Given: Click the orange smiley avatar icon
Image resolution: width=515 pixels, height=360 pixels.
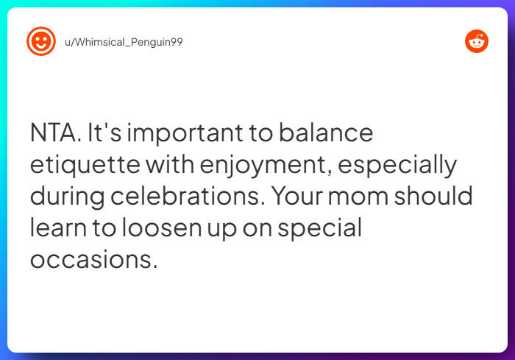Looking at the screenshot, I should (x=41, y=42).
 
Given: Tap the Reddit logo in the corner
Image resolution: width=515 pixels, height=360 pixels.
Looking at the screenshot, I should (x=477, y=42).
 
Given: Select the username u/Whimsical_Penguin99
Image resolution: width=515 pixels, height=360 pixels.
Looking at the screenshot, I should (x=124, y=42).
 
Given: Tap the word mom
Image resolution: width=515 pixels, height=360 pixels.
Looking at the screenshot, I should (x=389, y=197).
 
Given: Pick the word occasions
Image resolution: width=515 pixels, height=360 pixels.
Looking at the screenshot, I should (x=93, y=260).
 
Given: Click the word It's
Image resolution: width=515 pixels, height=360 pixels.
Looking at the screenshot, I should (x=105, y=134).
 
